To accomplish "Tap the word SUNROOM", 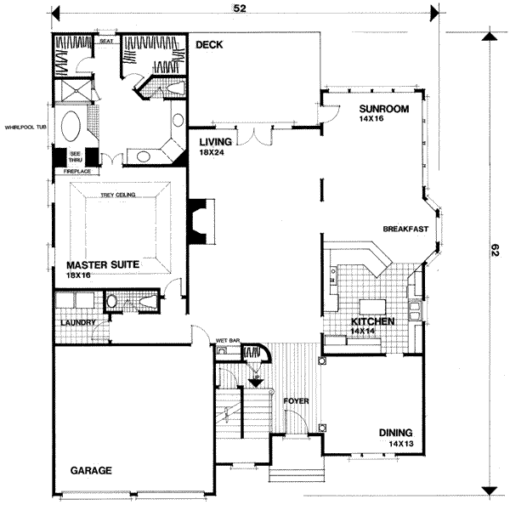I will point(384,109).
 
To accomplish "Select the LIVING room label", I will point(216,142).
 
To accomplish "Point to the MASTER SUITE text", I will point(102,264).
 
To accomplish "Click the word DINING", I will point(396,433).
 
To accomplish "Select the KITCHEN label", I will point(372,322).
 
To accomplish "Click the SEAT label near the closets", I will point(107,40).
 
